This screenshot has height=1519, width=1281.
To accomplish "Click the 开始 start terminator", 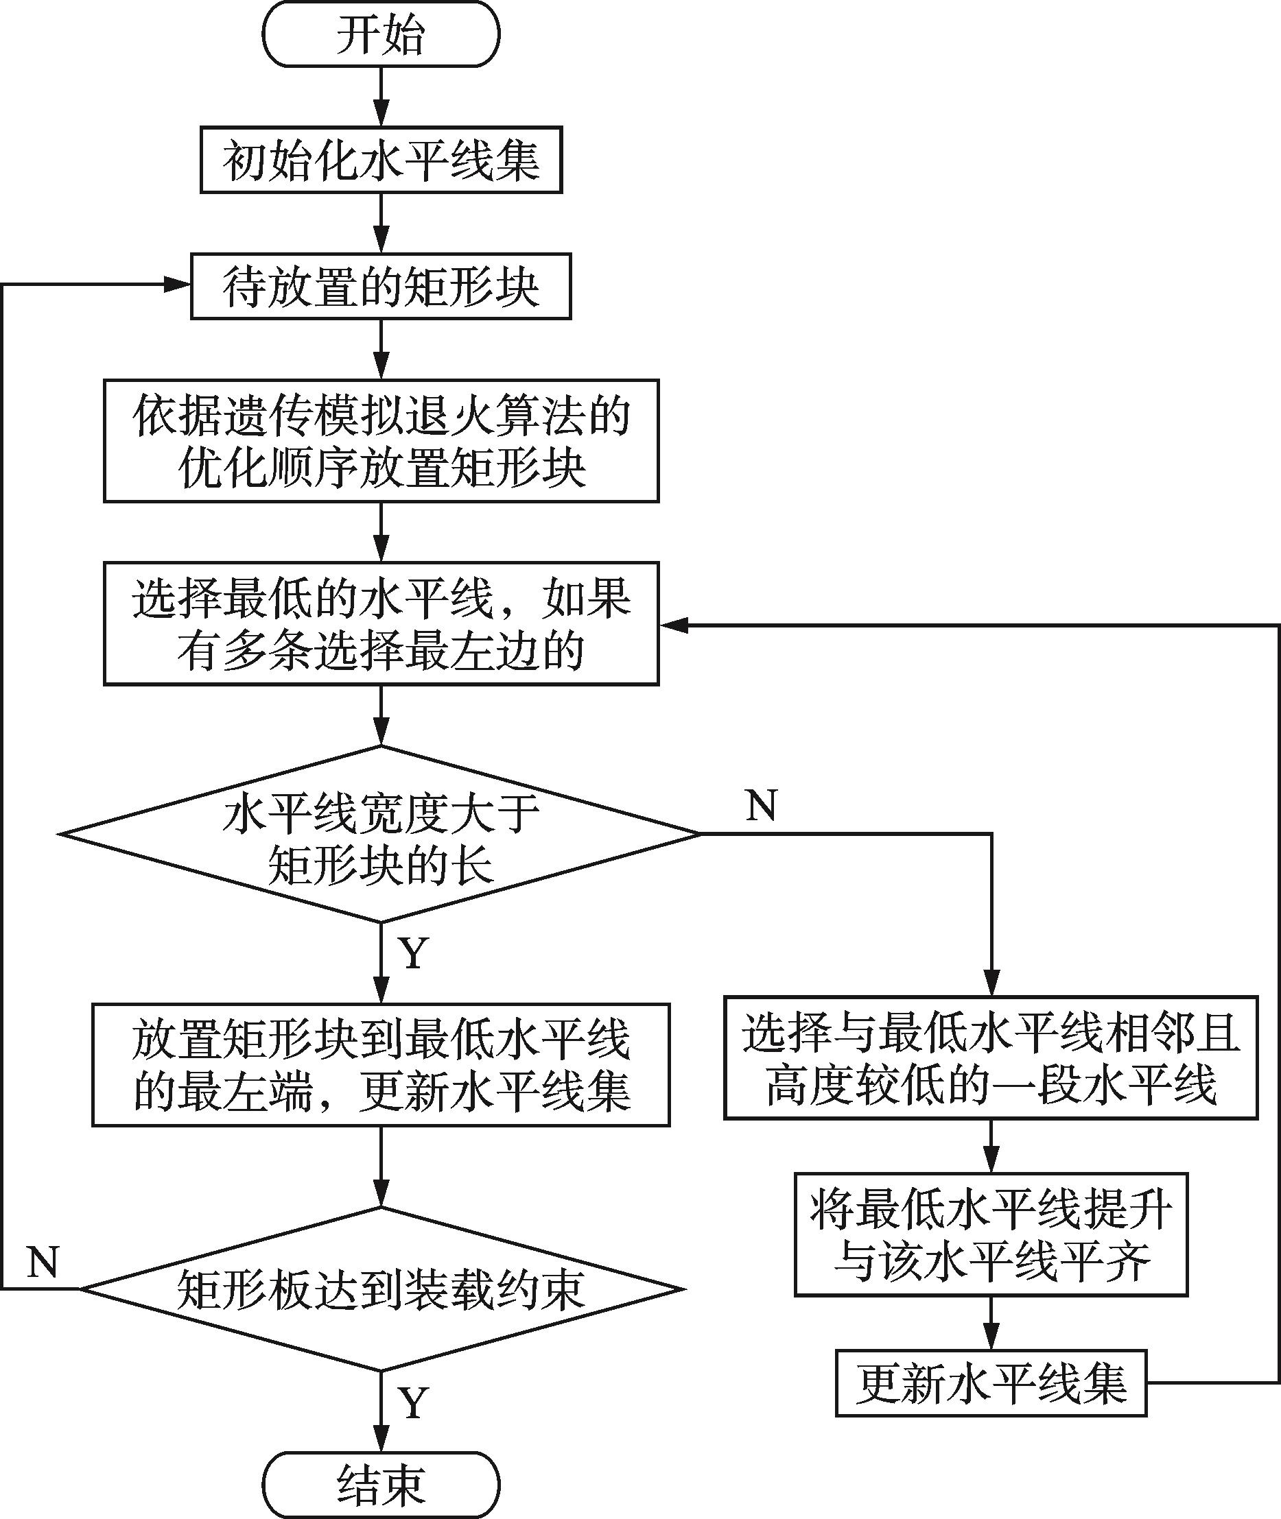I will tap(381, 35).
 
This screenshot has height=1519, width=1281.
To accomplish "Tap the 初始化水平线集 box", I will tap(381, 160).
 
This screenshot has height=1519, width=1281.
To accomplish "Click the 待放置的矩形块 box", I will tap(381, 286).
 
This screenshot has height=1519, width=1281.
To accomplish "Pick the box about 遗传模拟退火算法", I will tap(381, 440).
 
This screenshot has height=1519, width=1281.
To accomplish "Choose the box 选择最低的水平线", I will tap(381, 623).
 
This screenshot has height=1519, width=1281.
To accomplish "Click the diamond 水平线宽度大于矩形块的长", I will tap(381, 835).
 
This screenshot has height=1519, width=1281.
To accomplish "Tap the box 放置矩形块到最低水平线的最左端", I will tap(381, 1065).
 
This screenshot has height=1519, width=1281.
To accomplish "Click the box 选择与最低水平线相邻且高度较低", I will tap(991, 1057).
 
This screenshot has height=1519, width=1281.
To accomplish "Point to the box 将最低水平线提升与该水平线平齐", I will tap(991, 1234).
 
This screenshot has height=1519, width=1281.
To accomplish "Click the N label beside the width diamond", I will tap(761, 806).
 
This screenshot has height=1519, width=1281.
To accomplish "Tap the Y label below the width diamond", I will tap(413, 953).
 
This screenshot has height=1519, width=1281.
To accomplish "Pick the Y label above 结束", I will tap(413, 1403).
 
